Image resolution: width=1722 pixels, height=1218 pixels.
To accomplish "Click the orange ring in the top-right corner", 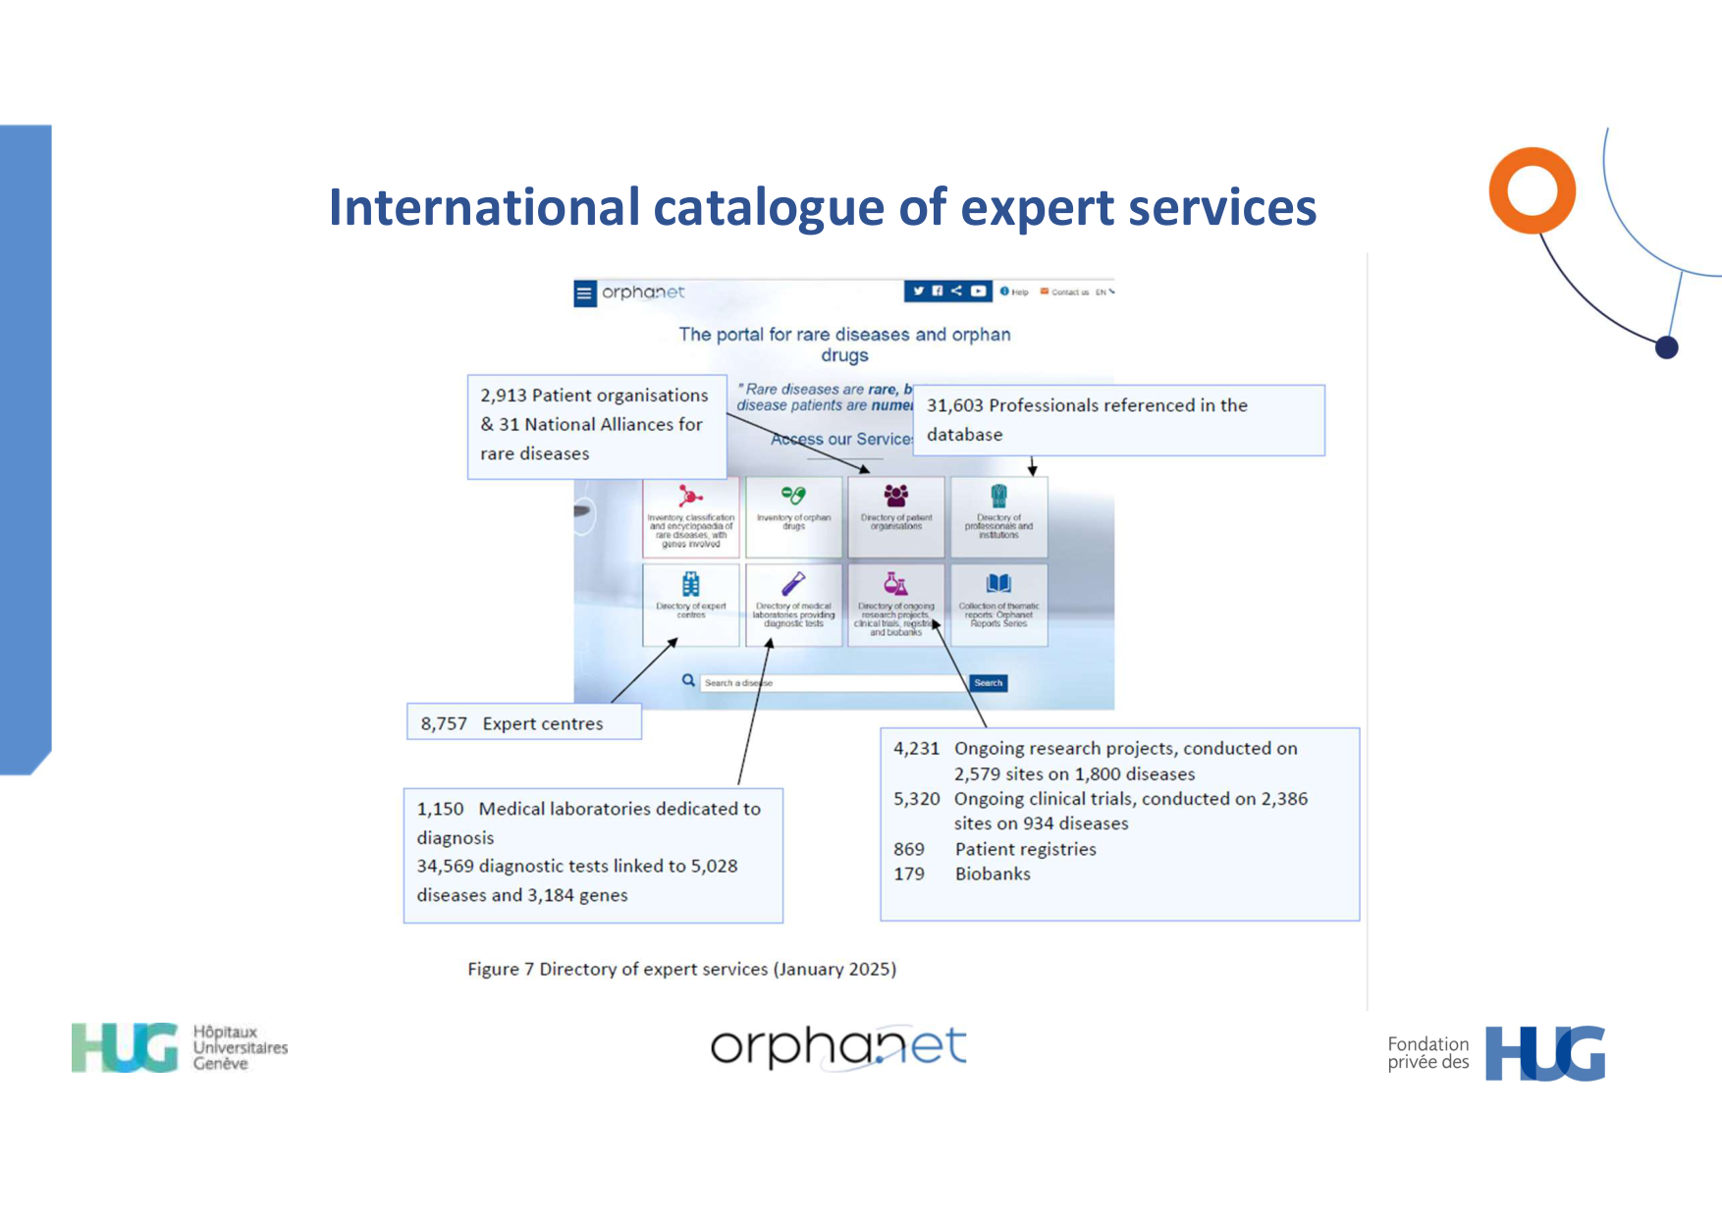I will point(1532,190).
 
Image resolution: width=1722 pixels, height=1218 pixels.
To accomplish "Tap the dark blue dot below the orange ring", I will point(1666,347).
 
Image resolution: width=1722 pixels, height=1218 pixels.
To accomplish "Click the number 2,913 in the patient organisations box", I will point(504,396).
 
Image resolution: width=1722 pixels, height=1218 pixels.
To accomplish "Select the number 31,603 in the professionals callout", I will point(954,405).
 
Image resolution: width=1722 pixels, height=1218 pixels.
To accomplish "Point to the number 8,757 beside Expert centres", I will point(444,724).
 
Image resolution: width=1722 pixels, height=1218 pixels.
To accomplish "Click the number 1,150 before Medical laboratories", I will point(440,809).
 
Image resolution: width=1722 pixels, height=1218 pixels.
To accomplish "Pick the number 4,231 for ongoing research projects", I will point(916,749).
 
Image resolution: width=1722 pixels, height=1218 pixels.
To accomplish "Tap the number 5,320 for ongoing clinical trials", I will point(916,799).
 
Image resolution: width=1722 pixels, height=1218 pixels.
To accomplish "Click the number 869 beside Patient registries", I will point(909,849).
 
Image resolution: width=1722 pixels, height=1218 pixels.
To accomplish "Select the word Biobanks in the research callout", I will point(993,874).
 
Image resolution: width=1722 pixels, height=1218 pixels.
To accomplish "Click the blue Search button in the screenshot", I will point(988,683).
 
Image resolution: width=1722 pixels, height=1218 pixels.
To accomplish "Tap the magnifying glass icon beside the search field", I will point(688,680).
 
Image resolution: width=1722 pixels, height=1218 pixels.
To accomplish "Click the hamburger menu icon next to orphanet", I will point(585,292).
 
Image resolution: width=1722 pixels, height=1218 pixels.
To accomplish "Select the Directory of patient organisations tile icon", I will point(895,496).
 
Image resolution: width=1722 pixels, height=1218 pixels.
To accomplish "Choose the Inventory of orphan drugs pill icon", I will point(793,496).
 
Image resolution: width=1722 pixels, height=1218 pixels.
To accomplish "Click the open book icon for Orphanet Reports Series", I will point(998,584).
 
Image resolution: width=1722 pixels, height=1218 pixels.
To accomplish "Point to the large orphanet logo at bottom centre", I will point(838,1048).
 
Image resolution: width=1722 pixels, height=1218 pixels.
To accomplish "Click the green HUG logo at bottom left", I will point(125,1048).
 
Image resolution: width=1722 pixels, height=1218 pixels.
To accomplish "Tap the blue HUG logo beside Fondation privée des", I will point(1544,1054).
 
